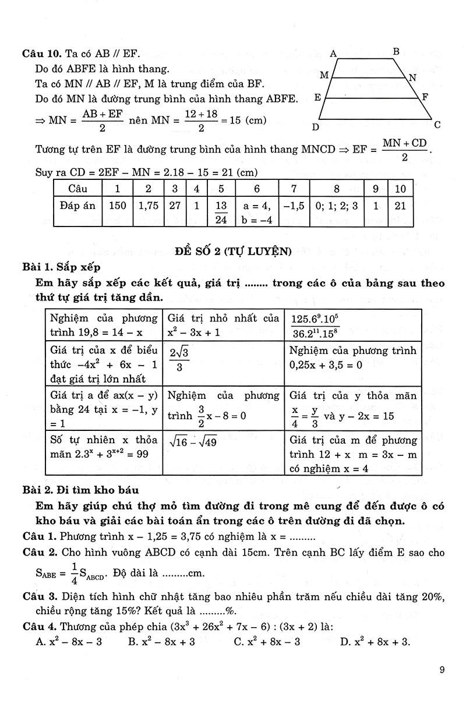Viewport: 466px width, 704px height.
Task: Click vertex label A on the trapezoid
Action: [x=334, y=54]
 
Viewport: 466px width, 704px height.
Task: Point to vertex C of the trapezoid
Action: [x=437, y=125]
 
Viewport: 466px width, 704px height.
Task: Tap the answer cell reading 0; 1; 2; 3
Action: [x=337, y=206]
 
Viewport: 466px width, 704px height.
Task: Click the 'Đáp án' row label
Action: [x=77, y=206]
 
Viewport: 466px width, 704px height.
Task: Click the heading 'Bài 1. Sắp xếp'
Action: [x=61, y=267]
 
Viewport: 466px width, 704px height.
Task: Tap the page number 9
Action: [x=443, y=670]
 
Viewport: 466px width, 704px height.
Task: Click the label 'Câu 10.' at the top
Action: [x=39, y=54]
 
